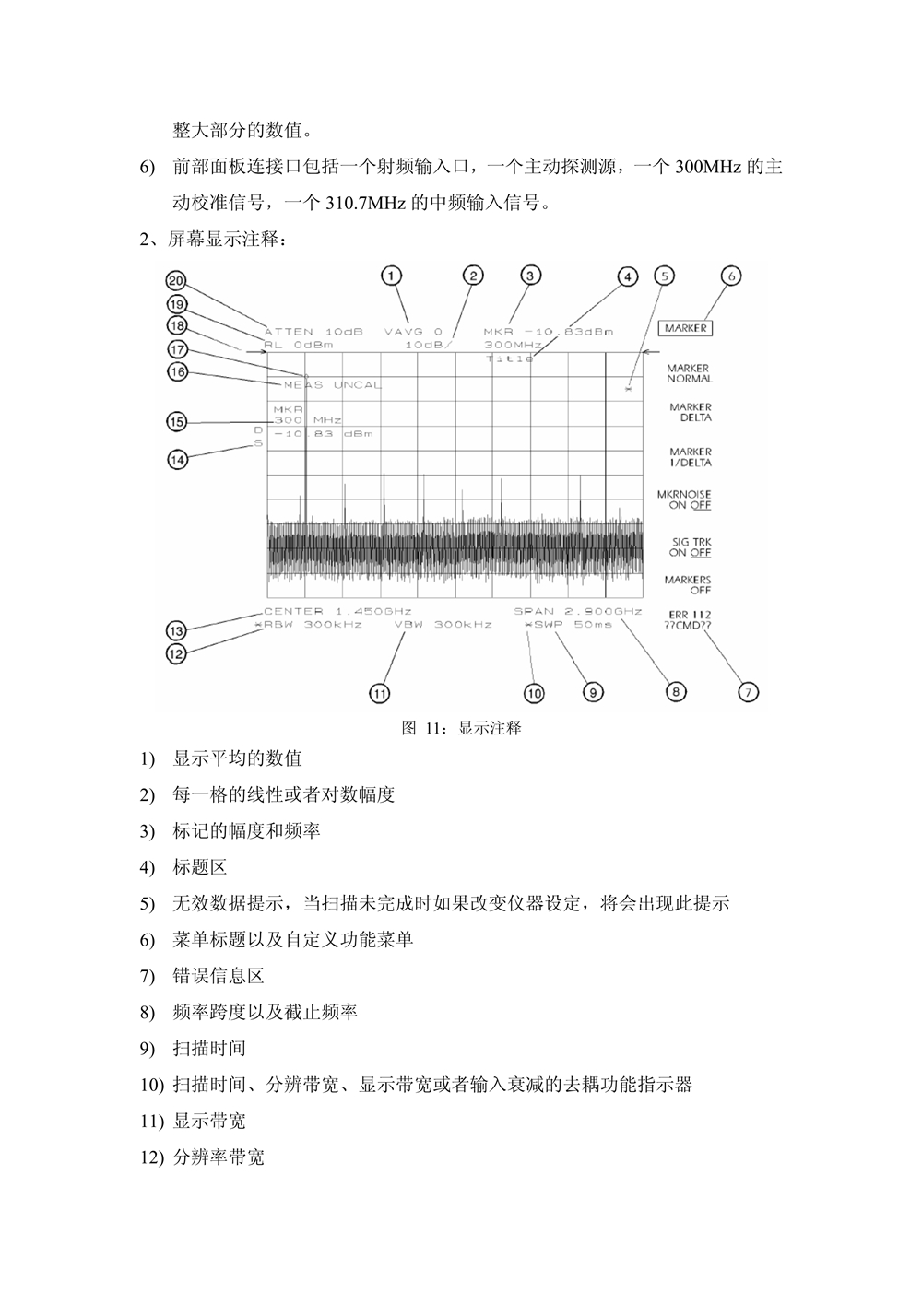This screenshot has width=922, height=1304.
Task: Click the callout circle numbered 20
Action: click(x=176, y=281)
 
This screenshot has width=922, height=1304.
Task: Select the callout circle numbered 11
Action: click(x=380, y=693)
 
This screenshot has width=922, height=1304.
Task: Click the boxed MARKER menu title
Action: click(x=686, y=328)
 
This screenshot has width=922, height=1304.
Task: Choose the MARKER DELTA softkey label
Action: click(x=691, y=412)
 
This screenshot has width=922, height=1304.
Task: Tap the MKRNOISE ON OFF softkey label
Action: click(x=684, y=500)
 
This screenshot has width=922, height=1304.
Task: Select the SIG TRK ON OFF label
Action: click(x=690, y=547)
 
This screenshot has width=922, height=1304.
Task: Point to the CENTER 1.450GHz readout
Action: click(x=337, y=611)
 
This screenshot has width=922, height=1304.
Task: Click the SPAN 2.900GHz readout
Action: click(x=578, y=611)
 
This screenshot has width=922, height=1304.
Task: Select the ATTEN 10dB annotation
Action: click(x=313, y=331)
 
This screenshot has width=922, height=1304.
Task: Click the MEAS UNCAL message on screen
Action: click(x=332, y=384)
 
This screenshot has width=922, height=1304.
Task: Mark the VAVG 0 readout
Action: click(x=414, y=331)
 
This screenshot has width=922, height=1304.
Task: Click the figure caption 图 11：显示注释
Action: click(x=462, y=728)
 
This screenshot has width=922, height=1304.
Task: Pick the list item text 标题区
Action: click(x=200, y=867)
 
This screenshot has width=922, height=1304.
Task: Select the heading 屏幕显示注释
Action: click(x=227, y=240)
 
